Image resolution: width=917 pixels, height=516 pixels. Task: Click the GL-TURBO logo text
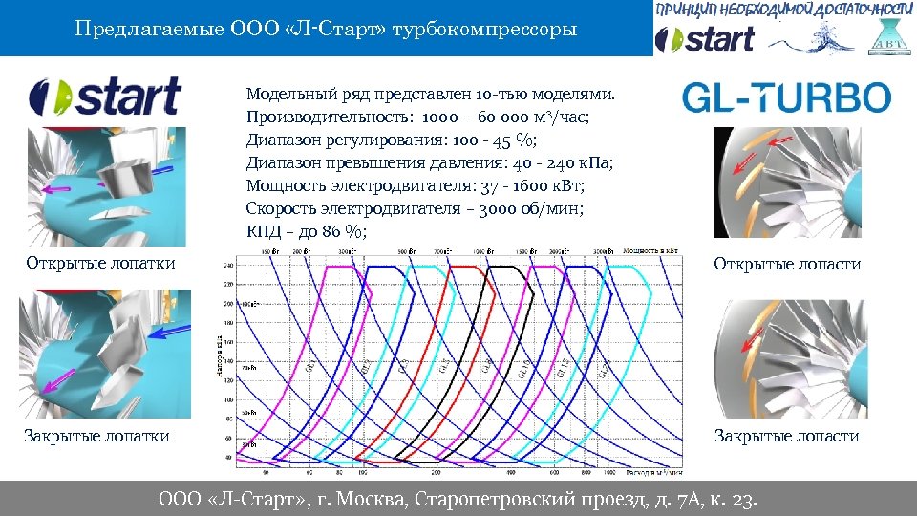pyautogui.click(x=786, y=97)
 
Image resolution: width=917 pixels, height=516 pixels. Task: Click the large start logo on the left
pyautogui.click(x=104, y=97)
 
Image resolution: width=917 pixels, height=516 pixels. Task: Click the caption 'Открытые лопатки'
pyautogui.click(x=100, y=263)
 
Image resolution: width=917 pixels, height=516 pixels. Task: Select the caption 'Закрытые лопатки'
pyautogui.click(x=96, y=436)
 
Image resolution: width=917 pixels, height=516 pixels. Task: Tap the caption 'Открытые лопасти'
pyautogui.click(x=787, y=264)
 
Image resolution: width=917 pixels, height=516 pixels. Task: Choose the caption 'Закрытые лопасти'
pyautogui.click(x=787, y=436)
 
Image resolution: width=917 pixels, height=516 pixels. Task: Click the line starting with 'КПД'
pyautogui.click(x=306, y=232)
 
